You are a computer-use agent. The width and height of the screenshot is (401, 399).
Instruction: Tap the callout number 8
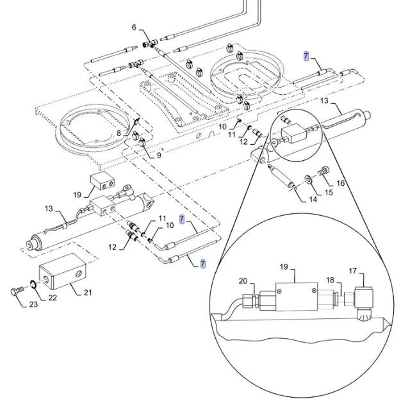click(119, 133)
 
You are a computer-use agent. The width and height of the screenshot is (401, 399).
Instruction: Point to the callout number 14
click(313, 200)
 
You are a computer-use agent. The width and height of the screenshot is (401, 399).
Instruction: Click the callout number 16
click(340, 183)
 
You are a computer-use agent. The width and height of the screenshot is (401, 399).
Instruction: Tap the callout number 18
click(330, 280)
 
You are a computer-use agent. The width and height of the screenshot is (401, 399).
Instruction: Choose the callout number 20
click(243, 280)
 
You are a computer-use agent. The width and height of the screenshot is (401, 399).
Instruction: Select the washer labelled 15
click(309, 181)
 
